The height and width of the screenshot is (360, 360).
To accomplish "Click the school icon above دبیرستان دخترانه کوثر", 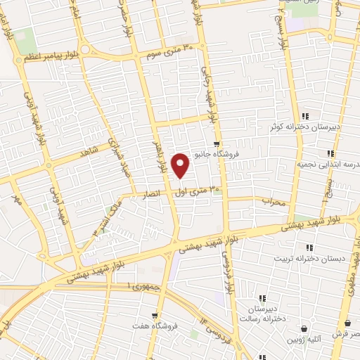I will point(304,116).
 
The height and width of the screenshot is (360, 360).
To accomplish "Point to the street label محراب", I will point(274,201).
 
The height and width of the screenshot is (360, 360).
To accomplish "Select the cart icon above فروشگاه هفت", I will point(155,315).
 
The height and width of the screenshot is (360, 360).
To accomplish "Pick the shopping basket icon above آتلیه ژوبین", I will point(304,328).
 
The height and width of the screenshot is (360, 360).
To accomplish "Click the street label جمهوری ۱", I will point(143,287).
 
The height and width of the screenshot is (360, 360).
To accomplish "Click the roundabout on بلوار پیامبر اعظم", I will point(84,50).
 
